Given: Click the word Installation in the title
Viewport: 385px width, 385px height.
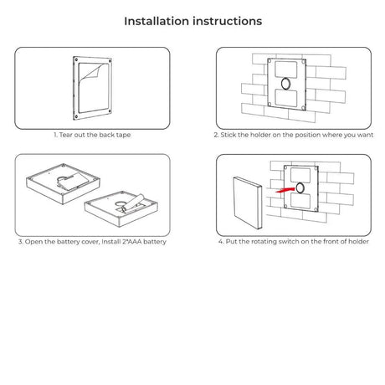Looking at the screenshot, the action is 157,21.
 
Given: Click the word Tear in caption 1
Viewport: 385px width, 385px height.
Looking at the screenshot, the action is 66,135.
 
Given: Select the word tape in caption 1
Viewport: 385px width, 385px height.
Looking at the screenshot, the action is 123,136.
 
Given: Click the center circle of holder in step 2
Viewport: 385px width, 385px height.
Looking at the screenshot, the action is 286,84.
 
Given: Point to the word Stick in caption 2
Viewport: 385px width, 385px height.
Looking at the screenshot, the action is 228,135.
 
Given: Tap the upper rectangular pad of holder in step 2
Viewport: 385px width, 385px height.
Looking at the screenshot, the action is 286,69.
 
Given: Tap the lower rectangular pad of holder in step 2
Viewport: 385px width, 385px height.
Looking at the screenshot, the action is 286,98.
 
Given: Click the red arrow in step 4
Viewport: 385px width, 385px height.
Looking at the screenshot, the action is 285,190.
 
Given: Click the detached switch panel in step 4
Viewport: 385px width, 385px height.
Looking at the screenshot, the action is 248,203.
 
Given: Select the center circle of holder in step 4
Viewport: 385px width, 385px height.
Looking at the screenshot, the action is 300,188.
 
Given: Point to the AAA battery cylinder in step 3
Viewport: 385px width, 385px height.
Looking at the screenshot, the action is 134,203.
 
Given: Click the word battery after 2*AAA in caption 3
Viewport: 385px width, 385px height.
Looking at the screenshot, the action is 155,242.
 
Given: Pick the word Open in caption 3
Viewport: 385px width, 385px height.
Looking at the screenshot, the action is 33,242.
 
